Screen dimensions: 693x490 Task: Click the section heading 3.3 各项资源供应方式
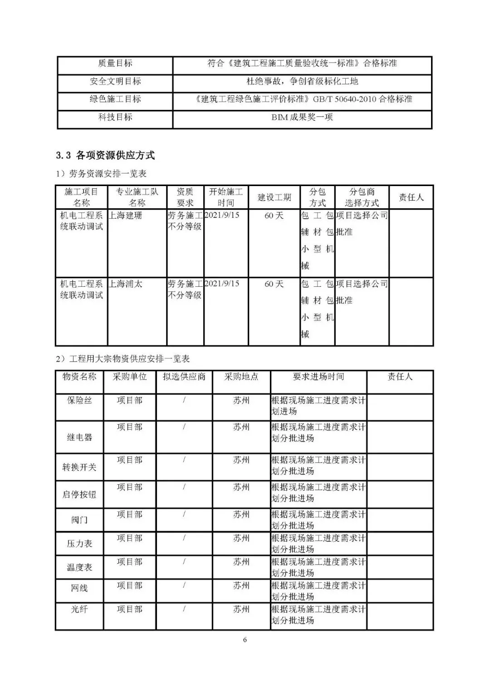[x=105, y=156]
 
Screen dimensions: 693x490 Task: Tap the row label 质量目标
[x=115, y=64]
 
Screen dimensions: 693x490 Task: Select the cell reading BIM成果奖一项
[x=302, y=117]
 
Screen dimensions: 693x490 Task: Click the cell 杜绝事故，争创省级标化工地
[x=302, y=82]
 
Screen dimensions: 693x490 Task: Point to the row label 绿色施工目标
[x=115, y=99]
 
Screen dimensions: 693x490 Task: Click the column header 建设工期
[x=274, y=197]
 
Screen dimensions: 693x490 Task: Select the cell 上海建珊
[x=125, y=216]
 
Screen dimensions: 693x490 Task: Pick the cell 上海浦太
[x=125, y=284]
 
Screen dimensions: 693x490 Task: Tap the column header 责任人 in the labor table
[x=411, y=197]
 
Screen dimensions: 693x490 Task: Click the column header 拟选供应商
[x=184, y=377]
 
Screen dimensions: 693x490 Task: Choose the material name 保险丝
[x=79, y=401]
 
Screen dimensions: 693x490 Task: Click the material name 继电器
[x=79, y=437]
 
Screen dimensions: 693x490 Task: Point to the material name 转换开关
[x=79, y=467]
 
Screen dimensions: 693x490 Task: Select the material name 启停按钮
[x=79, y=495]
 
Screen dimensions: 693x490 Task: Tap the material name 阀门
[x=79, y=520]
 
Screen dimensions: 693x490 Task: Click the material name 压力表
[x=79, y=544]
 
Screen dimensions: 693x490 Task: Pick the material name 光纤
[x=79, y=609]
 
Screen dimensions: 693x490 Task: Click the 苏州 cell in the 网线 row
[x=241, y=586]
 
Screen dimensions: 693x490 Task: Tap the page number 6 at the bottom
[x=245, y=640]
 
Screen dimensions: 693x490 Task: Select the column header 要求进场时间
[x=318, y=377]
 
